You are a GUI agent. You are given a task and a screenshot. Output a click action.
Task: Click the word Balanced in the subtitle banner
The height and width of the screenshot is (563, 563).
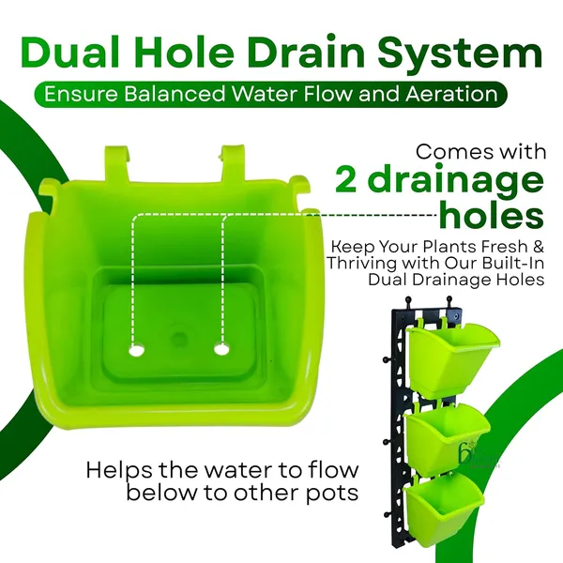coord(175,94)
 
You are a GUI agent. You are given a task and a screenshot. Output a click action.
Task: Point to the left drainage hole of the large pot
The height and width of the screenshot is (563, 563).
coord(136,350)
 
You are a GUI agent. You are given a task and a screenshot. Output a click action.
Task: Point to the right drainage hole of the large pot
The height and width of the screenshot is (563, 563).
coord(221,349)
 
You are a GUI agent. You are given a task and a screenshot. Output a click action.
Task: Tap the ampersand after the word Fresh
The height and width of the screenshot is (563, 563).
coord(538,247)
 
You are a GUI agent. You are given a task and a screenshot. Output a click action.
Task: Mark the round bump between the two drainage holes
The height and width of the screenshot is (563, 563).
coord(178,338)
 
